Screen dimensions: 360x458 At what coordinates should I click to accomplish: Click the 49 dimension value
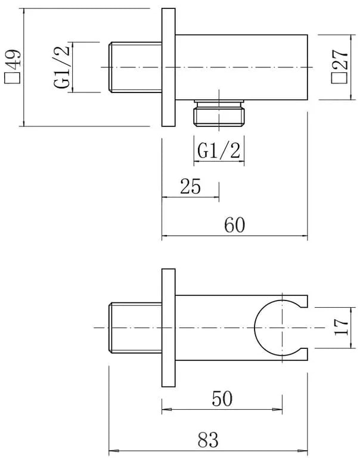[13, 58]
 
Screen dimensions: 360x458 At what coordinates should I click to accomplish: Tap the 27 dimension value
[340, 58]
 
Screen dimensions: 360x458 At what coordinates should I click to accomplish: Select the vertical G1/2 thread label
[62, 67]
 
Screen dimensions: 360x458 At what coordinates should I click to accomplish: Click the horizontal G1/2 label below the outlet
[219, 150]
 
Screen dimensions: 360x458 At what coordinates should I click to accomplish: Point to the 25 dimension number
[190, 186]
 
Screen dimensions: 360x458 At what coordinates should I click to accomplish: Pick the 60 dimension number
[234, 225]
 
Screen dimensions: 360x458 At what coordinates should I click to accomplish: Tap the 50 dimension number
[222, 399]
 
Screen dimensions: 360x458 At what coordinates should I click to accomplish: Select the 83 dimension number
[208, 440]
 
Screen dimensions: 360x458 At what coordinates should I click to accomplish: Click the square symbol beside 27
[339, 78]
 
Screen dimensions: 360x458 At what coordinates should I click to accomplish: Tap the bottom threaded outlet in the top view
[219, 113]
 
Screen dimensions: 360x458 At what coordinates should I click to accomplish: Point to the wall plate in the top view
[169, 67]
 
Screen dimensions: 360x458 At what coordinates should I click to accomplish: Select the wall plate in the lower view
[169, 328]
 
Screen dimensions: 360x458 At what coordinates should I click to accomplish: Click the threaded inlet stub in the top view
[135, 67]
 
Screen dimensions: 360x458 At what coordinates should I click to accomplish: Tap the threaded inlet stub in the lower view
[135, 328]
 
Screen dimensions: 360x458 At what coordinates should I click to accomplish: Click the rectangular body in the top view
[241, 67]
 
